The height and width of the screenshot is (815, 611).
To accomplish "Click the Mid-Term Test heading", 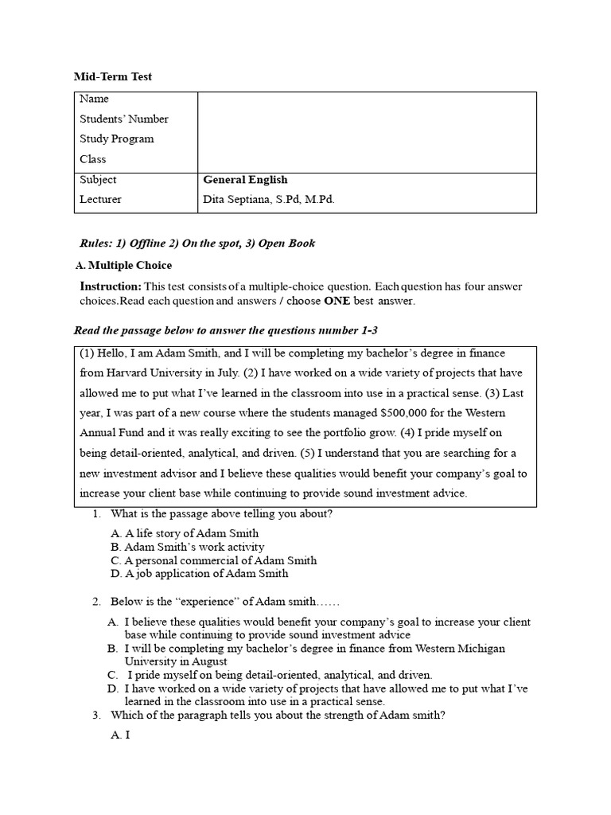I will (x=112, y=76).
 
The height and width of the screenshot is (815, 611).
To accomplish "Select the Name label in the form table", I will (x=94, y=99).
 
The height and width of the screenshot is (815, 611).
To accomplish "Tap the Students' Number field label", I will (x=123, y=119).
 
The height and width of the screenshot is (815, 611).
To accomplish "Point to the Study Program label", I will (x=116, y=138).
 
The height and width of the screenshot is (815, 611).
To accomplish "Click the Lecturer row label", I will (x=100, y=200).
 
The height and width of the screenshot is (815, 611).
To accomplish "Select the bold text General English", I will (x=245, y=180).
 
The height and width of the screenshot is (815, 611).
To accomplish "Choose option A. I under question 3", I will (x=120, y=735).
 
